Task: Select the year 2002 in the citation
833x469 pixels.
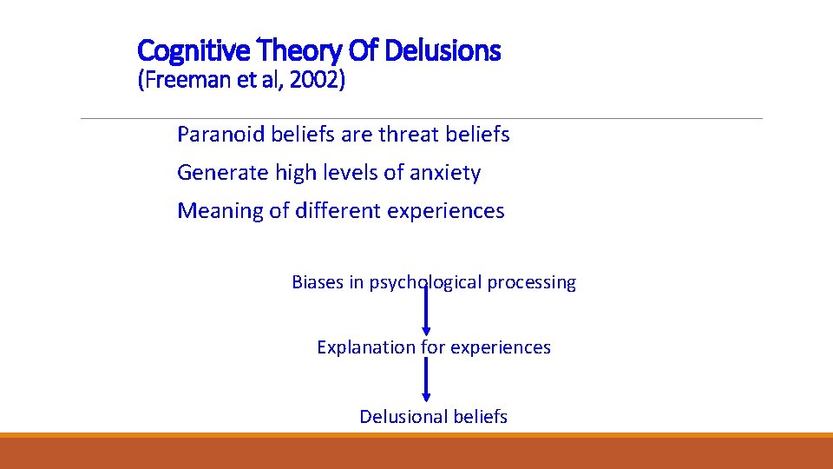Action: [317, 81]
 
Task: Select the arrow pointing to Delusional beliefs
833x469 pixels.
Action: [426, 380]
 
